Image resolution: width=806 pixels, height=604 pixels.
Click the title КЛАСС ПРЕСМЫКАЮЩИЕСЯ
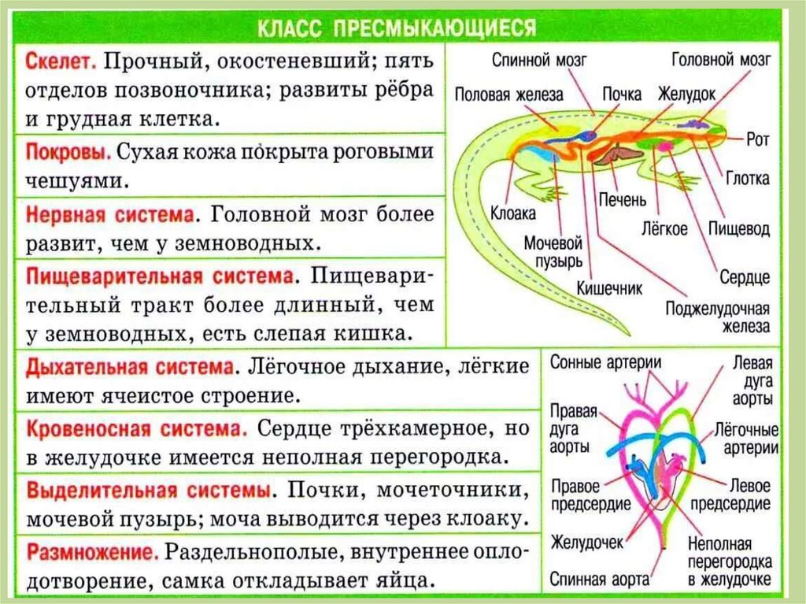[x=397, y=28]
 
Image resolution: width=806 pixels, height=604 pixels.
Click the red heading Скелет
[x=61, y=61]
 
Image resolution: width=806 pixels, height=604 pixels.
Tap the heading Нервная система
[x=109, y=214]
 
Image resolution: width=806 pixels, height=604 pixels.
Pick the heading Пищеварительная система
[x=161, y=277]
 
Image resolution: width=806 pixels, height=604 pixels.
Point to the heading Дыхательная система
[x=131, y=368]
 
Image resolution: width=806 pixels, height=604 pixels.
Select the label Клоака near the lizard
[x=512, y=213]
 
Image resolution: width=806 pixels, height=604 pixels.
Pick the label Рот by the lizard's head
[x=757, y=139]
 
